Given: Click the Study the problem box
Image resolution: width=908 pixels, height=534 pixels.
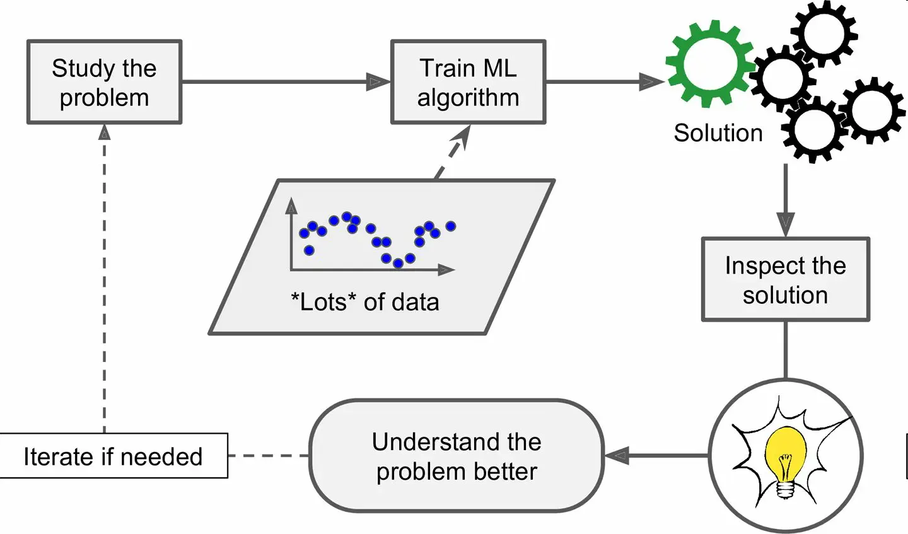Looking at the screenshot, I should tap(104, 82).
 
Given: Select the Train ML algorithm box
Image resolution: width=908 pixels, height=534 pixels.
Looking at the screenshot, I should tap(468, 82).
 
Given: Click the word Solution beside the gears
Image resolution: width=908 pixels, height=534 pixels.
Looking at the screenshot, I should tap(718, 133).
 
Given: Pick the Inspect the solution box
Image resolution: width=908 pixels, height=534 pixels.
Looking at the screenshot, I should tap(785, 279).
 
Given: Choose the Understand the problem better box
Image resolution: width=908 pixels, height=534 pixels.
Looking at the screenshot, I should tap(456, 456).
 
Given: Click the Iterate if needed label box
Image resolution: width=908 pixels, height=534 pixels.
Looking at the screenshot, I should tap(113, 456).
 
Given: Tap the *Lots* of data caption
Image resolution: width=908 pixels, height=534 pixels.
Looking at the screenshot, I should tap(364, 302).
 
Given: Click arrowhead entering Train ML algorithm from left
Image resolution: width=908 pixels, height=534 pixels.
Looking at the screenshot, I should tap(379, 81).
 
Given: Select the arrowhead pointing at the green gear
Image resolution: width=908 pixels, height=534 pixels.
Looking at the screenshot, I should tap(651, 81).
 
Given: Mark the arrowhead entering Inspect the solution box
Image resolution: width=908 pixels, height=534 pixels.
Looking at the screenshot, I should tap(785, 224).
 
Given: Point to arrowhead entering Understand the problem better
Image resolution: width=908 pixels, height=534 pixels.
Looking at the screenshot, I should tap(617, 455).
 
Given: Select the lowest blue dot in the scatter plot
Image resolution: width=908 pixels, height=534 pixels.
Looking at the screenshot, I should tap(398, 263).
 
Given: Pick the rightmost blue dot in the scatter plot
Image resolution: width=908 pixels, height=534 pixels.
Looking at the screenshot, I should tap(450, 226).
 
